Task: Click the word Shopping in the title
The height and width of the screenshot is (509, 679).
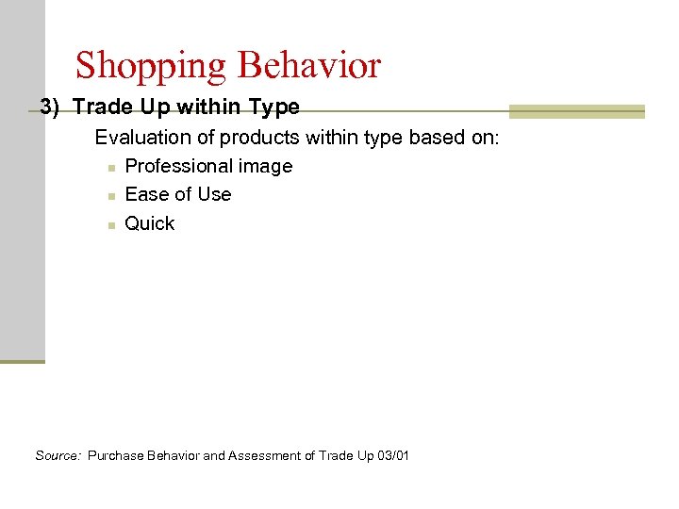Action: tap(151, 66)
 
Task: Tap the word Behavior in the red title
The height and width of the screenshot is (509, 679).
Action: tap(309, 65)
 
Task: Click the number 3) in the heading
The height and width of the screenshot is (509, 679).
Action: tap(50, 107)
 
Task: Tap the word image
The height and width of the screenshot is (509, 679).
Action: tap(268, 167)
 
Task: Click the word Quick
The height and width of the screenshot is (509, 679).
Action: tap(150, 224)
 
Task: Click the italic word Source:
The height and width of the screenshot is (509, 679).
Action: tap(58, 456)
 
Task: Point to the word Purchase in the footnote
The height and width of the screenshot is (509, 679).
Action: tap(116, 456)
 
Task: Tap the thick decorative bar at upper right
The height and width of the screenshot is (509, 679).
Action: tap(577, 111)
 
